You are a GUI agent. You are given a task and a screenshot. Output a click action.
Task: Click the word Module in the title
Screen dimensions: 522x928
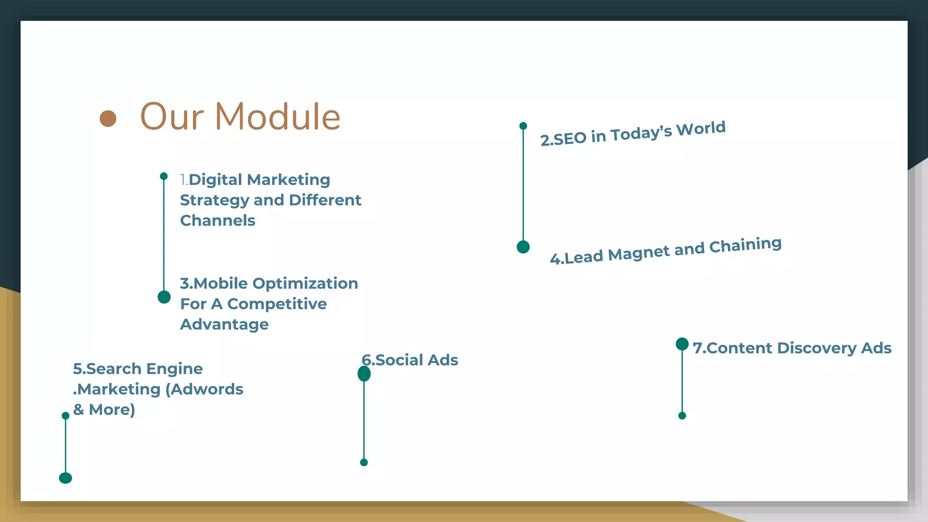point(277,117)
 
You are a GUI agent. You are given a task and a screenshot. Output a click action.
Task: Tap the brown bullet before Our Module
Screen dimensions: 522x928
point(108,119)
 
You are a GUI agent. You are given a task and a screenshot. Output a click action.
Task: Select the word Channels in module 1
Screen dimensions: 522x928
point(217,221)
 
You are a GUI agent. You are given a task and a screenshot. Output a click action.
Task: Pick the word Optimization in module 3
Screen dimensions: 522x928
point(305,284)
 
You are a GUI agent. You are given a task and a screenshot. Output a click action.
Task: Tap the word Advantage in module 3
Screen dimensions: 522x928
point(224,324)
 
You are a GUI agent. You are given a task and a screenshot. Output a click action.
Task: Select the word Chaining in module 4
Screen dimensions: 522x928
point(745,245)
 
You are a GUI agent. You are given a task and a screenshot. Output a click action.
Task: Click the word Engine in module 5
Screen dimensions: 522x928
point(174,369)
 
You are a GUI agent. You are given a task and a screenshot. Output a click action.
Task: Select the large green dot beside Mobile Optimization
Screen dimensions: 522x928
point(164,297)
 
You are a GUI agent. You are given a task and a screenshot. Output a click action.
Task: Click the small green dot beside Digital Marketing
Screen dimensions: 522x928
point(164,176)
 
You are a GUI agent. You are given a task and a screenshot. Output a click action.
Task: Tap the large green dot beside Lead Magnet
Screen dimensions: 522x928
point(523,247)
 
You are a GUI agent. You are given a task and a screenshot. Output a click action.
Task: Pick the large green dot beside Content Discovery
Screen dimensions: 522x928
point(682,344)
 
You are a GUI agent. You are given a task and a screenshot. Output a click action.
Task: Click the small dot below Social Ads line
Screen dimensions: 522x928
point(364,463)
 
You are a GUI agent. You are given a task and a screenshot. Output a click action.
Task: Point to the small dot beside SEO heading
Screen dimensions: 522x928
point(523,126)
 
